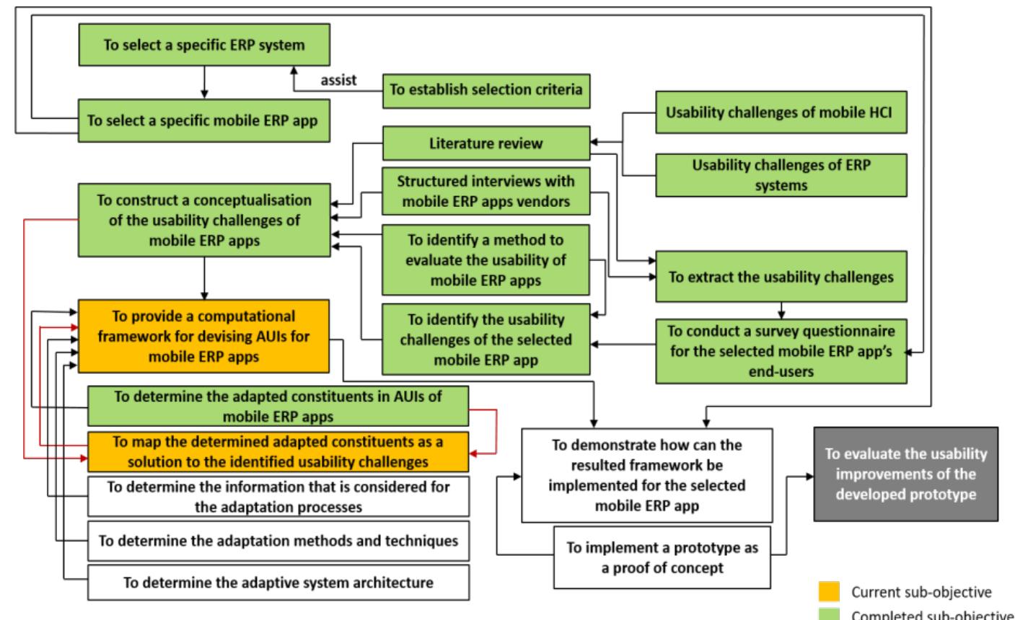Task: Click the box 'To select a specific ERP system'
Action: tap(204, 45)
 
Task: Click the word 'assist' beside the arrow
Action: tap(338, 80)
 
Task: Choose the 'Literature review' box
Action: tap(486, 143)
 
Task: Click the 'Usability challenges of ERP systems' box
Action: tap(781, 174)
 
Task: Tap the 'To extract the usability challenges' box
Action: tap(781, 277)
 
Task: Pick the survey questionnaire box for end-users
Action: tap(781, 351)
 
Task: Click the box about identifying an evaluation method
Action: tap(486, 260)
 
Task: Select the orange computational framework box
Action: tap(203, 335)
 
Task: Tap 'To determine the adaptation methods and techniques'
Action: tap(278, 541)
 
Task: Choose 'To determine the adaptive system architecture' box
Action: tap(278, 582)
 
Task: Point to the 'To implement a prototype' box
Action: tap(662, 557)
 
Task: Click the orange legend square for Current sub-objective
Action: tap(828, 592)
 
